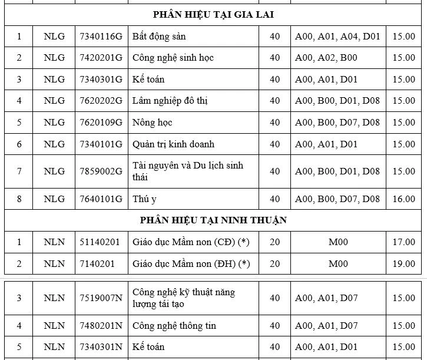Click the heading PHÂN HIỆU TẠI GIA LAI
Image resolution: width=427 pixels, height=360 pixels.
pyautogui.click(x=213, y=15)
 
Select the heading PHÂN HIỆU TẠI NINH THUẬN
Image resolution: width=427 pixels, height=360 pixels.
pyautogui.click(x=213, y=220)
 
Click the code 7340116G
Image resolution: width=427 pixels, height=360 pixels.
pyautogui.click(x=101, y=37)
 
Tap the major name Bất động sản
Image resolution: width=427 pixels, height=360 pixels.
pyautogui.click(x=159, y=37)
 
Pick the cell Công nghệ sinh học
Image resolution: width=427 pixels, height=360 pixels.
pyautogui.click(x=173, y=58)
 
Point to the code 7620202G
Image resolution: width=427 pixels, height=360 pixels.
pyautogui.click(x=101, y=101)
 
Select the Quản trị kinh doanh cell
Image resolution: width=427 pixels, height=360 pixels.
pyautogui.click(x=174, y=144)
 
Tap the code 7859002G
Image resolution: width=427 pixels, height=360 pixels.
pyautogui.click(x=101, y=171)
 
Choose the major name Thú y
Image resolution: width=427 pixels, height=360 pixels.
pyautogui.click(x=145, y=199)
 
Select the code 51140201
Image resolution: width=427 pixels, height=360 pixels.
pyautogui.click(x=99, y=242)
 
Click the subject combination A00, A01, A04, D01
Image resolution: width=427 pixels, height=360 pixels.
pyautogui.click(x=337, y=37)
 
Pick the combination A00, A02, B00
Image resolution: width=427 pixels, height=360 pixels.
pyautogui.click(x=326, y=58)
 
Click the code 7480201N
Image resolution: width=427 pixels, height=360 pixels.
pyautogui.click(x=101, y=325)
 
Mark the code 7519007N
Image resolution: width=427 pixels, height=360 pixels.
pyautogui.click(x=101, y=298)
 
